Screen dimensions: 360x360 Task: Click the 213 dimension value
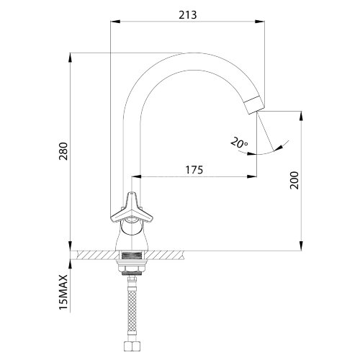point(188,15)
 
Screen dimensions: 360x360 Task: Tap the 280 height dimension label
point(63,151)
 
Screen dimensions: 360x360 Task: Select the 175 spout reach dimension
point(194,170)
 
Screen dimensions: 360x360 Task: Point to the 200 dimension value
point(294,180)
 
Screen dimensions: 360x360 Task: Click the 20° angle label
point(239,143)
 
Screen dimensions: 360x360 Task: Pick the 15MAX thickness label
point(63,292)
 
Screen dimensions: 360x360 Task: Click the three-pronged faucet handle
point(132,209)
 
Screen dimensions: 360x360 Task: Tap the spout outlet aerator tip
point(255,105)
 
